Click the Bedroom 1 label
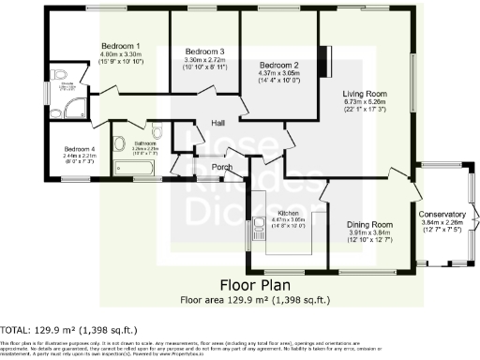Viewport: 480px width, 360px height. [121, 46]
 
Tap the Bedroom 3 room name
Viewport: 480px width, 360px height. [203, 52]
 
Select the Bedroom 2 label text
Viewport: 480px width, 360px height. [280, 65]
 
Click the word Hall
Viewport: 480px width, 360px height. [217, 123]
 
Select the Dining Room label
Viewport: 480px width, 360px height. [368, 225]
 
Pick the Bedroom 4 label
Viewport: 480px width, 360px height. [80, 149]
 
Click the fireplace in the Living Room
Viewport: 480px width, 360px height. [325, 57]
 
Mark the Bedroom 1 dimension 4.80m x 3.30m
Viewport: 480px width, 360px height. [121, 54]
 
